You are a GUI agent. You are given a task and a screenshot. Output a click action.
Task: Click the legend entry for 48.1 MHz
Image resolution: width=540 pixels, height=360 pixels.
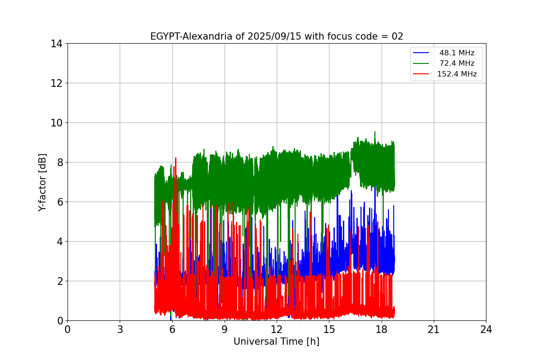pos(457,53)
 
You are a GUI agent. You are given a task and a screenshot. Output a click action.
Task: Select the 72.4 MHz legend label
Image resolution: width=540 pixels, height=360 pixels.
pos(457,63)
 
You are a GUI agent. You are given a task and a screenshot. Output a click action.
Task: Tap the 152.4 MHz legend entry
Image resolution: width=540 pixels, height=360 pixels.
pos(457,74)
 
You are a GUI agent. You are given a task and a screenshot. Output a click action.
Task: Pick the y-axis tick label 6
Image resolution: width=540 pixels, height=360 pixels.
pos(59,202)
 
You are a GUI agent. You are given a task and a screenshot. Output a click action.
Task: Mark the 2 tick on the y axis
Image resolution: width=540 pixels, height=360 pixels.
pos(59,281)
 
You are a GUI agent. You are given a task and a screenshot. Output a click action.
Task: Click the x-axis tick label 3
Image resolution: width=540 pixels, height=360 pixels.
pos(120,329)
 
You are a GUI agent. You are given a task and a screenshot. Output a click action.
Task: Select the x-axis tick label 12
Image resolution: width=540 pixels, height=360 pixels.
pos(277,329)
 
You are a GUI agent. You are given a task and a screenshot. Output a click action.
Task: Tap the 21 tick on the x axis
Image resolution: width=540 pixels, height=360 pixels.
pos(434,329)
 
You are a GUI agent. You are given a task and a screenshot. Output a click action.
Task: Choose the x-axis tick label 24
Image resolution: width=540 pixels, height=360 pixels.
pos(486,329)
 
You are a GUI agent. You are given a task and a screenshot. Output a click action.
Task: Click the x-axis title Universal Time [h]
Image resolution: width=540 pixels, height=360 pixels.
pos(276,342)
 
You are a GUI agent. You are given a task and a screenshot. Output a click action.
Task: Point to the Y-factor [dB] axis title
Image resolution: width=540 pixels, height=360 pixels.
pos(42,182)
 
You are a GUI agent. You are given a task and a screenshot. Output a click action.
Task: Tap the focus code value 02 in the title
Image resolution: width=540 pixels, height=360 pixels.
pos(397,36)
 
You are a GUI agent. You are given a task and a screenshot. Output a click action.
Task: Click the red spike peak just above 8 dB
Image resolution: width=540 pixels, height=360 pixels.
pos(175,158)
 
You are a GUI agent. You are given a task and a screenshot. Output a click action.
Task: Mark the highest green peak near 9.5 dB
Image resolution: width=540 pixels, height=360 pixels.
pos(375,132)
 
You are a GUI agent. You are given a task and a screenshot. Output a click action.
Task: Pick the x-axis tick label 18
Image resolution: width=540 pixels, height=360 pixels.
pos(382,329)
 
